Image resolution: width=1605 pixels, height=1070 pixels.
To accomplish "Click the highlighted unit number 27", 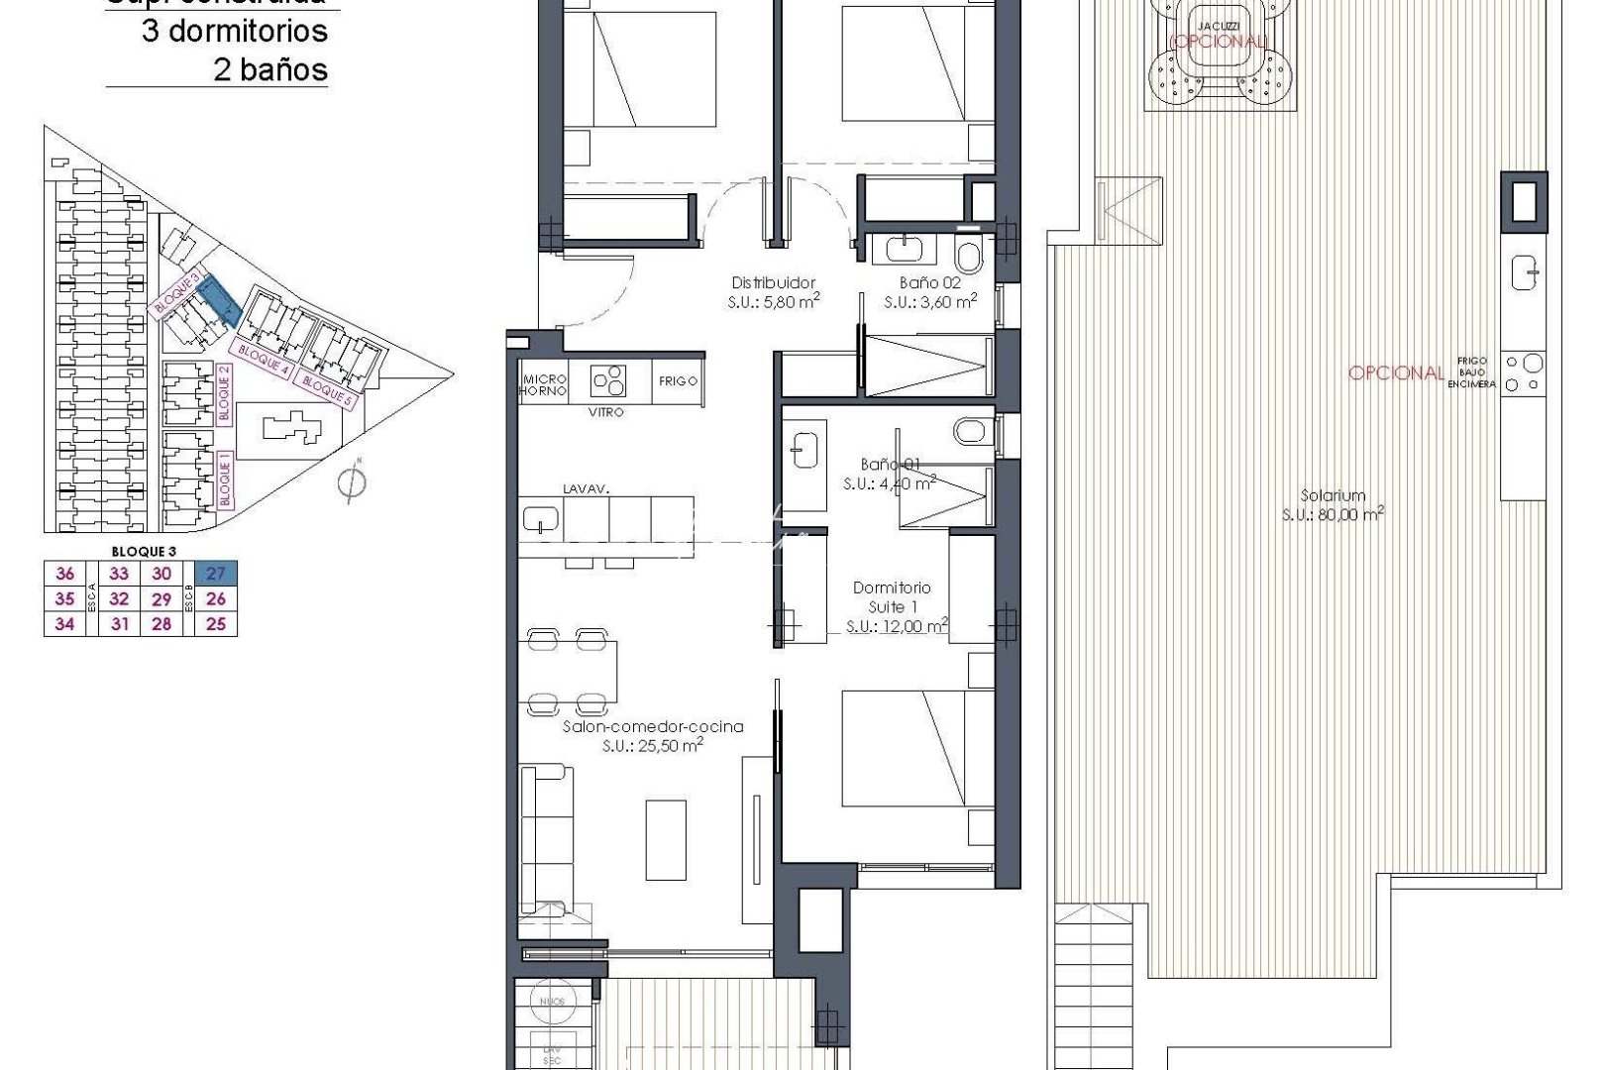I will [x=216, y=573].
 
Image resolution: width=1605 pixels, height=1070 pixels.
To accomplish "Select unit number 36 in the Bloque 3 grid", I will [x=65, y=573].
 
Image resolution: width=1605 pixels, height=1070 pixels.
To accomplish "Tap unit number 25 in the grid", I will [x=216, y=624].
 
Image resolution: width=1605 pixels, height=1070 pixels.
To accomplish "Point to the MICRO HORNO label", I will [x=545, y=384].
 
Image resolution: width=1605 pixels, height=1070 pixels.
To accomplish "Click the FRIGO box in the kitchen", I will [x=679, y=380].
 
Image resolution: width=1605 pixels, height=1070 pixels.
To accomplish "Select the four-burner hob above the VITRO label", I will [x=607, y=380].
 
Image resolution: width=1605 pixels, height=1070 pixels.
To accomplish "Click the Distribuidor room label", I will [x=773, y=282].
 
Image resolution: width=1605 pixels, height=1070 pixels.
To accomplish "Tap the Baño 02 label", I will [x=930, y=282].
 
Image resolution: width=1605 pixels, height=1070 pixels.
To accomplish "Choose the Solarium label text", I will [x=1333, y=495].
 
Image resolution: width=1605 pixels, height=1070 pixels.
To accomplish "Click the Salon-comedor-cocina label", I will [x=653, y=726].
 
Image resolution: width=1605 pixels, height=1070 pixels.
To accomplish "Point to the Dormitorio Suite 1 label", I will [x=893, y=596].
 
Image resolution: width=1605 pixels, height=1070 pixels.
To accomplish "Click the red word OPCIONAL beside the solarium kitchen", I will [x=1396, y=373].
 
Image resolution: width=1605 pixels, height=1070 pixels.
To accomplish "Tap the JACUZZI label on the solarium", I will [x=1218, y=26].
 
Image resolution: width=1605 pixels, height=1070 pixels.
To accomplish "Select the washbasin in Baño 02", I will [x=906, y=249].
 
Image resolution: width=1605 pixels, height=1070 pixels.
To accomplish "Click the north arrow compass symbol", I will [x=351, y=481].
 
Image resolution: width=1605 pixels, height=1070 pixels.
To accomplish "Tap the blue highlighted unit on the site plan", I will [x=217, y=299].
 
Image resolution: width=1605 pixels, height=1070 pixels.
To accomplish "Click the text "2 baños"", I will [x=270, y=69].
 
